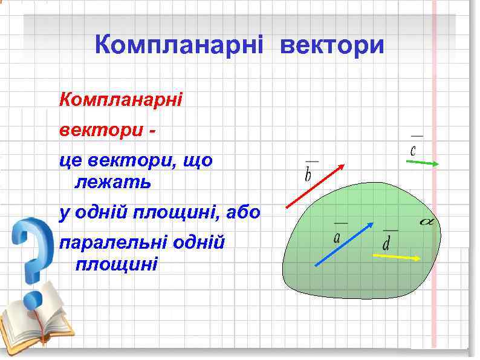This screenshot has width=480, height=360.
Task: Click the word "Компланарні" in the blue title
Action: tap(180, 45)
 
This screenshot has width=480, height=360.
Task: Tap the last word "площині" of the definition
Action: tap(116, 264)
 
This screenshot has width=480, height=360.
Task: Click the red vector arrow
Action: tap(315, 186)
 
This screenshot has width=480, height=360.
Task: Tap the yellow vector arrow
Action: tap(396, 257)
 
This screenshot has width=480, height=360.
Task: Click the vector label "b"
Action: tap(309, 174)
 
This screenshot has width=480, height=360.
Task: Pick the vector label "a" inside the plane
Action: tap(336, 237)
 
